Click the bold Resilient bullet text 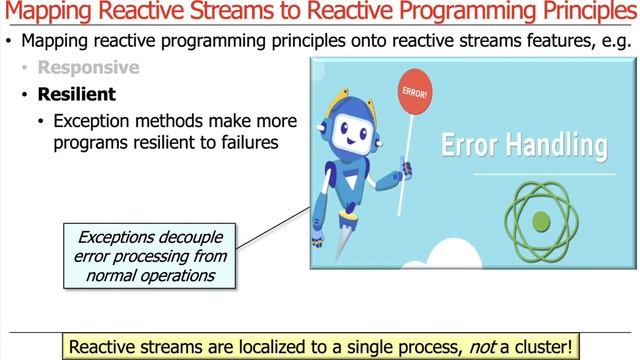tap(77, 95)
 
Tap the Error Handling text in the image tap(524, 146)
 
